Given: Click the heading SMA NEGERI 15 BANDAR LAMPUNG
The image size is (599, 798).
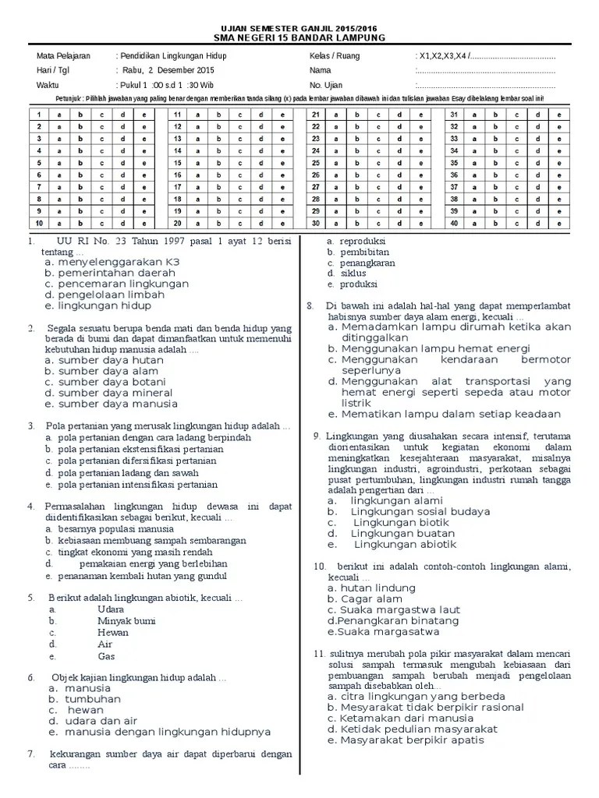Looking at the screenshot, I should (299, 38).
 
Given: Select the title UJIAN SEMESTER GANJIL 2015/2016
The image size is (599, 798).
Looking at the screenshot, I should (299, 28).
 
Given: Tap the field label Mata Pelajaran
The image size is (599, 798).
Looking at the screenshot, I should (63, 57).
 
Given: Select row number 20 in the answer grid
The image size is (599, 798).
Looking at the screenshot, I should (178, 223).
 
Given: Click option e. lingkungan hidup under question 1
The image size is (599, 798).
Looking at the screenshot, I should (97, 306).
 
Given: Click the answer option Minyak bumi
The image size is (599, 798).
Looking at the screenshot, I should (126, 621).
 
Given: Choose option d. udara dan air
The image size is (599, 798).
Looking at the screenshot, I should (92, 721).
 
